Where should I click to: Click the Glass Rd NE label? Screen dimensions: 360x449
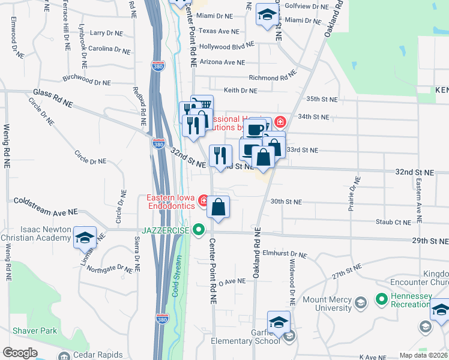click(53, 98)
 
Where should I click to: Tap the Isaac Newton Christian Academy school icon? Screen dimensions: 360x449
click(85, 238)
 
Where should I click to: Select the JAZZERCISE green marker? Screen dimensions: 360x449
click(199, 230)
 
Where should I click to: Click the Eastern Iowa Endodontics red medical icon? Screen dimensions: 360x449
click(204, 200)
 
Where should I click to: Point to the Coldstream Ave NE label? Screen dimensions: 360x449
click(46, 206)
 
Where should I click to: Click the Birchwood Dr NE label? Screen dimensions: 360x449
click(86, 79)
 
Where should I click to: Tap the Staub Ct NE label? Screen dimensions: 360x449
click(394, 223)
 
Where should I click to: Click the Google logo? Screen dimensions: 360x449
click(20, 353)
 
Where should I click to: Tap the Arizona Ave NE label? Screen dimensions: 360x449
click(221, 62)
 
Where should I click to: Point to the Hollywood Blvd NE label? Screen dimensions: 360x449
click(227, 46)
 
